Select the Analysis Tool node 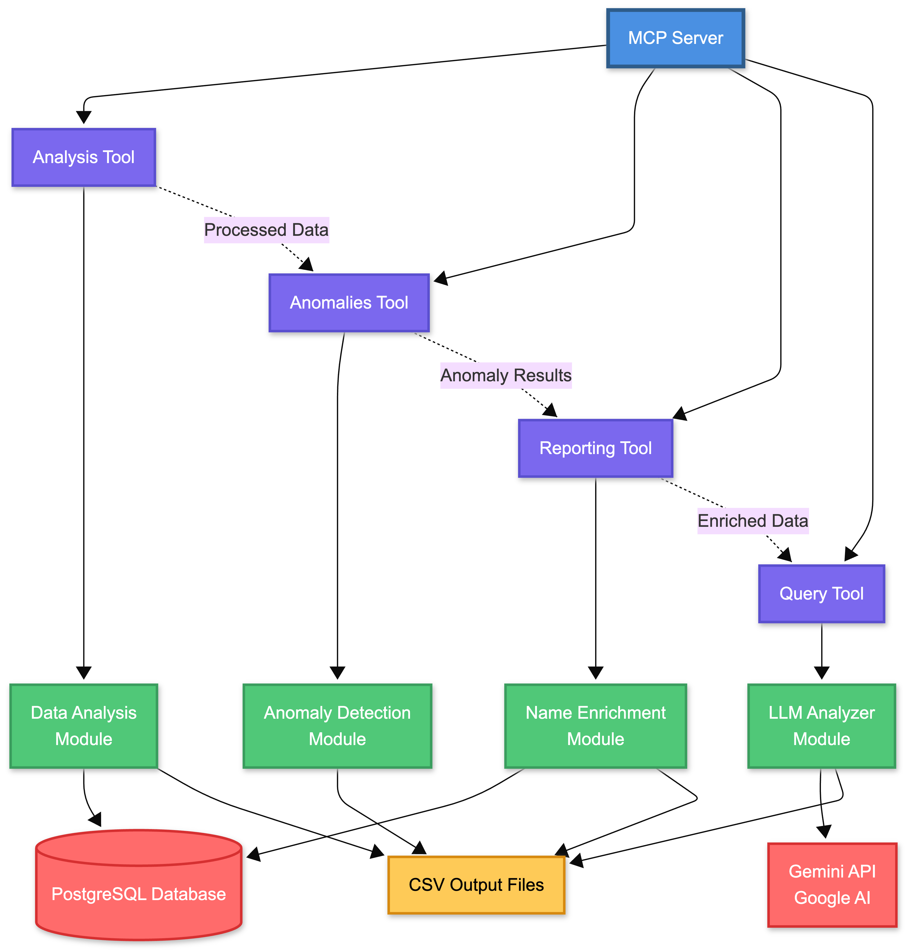coord(84,157)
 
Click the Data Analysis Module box coord(84,726)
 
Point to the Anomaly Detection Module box coord(337,726)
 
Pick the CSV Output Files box coord(476,885)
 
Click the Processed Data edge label coord(266,230)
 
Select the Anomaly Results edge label coord(506,375)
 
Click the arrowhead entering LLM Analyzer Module coord(821,673)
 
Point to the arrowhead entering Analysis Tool coord(84,117)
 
